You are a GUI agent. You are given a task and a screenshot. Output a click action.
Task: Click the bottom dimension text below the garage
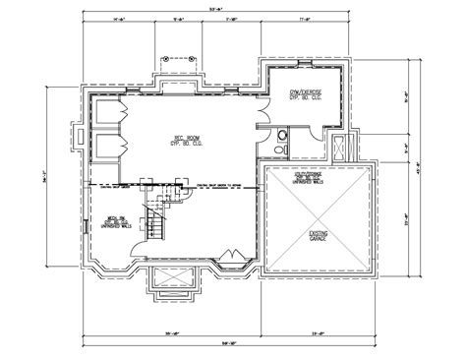320,330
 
